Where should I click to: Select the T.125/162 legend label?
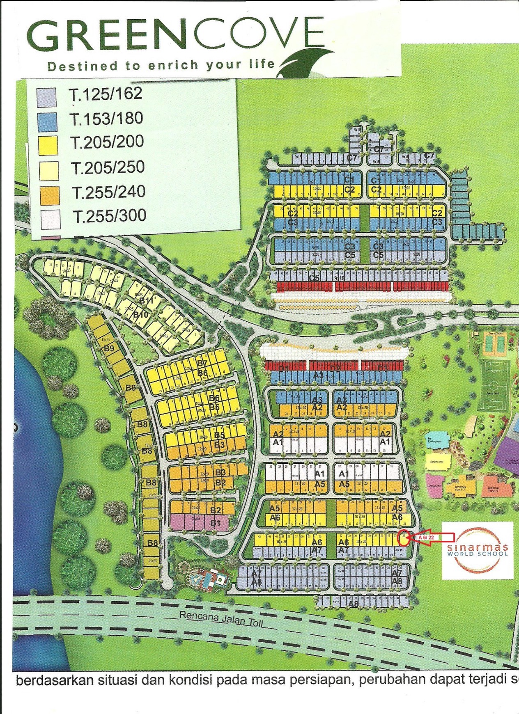(x=106, y=94)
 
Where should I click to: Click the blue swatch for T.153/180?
(x=46, y=122)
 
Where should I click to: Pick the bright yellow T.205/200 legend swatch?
(x=48, y=145)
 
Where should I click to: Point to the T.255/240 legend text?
(x=109, y=192)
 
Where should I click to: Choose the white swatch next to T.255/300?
(x=50, y=219)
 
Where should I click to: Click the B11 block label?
(x=146, y=301)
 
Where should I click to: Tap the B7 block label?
(x=202, y=364)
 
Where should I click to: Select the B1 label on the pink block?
(x=216, y=523)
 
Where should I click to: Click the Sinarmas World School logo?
(x=478, y=550)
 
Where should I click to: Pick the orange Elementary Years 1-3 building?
(x=460, y=487)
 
